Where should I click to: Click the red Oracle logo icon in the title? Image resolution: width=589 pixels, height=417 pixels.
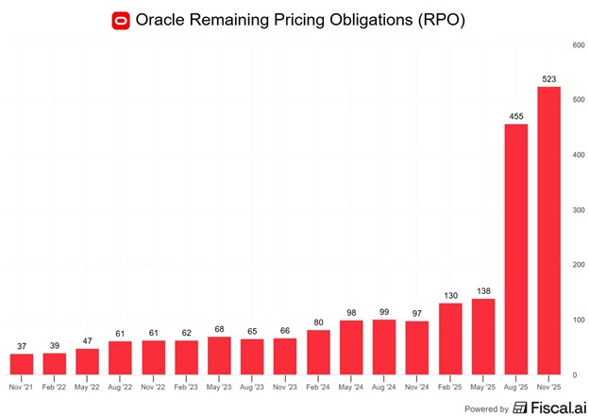point(120,20)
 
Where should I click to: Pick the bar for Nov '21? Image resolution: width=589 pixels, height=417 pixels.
point(23,364)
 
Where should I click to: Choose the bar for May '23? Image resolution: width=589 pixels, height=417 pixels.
point(220,356)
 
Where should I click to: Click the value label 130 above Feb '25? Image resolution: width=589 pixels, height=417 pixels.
point(451,295)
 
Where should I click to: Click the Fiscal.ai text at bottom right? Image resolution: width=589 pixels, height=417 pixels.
point(551,408)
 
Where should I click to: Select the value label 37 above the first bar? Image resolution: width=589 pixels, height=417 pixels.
point(23,346)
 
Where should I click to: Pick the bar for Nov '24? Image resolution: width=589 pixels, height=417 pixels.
point(418,348)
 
